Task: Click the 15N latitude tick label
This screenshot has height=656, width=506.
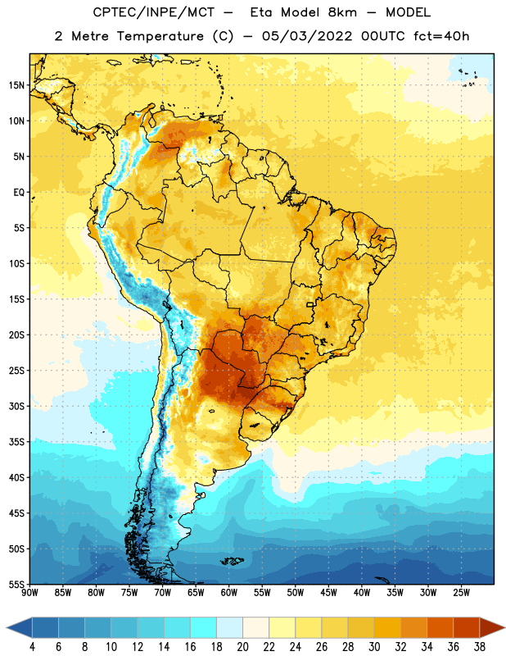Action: (x=16, y=85)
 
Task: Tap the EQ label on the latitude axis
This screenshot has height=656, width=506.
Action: (x=19, y=193)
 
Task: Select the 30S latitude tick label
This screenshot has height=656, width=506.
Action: (x=16, y=406)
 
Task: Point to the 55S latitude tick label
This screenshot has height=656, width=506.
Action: (x=16, y=585)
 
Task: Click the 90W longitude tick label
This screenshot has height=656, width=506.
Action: (x=29, y=593)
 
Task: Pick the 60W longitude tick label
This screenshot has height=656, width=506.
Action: (x=229, y=593)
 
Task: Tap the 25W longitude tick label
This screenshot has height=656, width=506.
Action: (x=461, y=593)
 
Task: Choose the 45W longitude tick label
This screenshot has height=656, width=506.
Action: (x=328, y=593)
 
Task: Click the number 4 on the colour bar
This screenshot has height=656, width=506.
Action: (x=32, y=647)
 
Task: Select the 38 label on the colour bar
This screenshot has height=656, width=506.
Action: (x=480, y=647)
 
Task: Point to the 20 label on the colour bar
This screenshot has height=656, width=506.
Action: (x=242, y=647)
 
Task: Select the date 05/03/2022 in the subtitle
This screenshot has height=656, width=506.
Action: (x=307, y=36)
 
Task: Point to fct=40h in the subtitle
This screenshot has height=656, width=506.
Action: (x=441, y=36)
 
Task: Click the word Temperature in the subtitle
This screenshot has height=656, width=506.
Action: (x=160, y=36)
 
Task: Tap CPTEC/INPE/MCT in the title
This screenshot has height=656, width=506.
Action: (x=154, y=12)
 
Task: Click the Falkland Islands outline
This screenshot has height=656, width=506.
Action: (x=233, y=561)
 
